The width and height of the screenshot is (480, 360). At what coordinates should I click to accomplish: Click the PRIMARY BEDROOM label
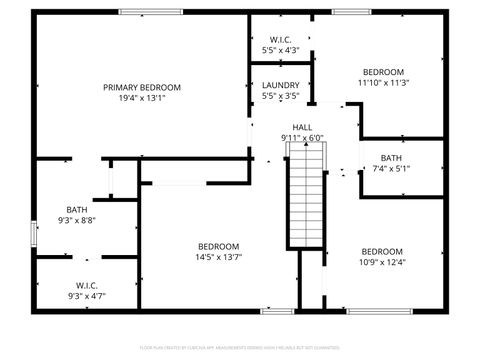[x=141, y=87]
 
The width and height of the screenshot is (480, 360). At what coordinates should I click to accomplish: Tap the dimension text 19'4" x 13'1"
[x=141, y=98]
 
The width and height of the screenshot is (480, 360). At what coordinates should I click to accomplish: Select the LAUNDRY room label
[x=281, y=85]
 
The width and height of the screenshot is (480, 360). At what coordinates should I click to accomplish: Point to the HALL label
[x=302, y=126]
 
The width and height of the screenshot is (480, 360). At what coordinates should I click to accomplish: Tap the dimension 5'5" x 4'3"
[x=281, y=49]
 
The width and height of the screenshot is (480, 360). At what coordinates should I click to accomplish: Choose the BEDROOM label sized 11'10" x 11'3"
[x=383, y=72]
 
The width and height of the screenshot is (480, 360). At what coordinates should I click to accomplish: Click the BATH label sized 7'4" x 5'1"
[x=391, y=157]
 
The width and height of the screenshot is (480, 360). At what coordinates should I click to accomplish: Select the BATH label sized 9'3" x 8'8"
[x=77, y=209]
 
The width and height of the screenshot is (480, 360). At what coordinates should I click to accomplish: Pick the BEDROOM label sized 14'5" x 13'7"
[x=218, y=246]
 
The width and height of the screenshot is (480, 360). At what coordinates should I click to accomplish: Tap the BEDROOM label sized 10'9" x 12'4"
[x=382, y=251]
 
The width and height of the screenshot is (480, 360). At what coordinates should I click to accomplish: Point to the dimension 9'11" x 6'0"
[x=302, y=138]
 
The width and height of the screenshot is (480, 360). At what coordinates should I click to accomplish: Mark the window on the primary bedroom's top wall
[x=151, y=12]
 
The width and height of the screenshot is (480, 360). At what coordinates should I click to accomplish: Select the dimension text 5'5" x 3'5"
[x=281, y=96]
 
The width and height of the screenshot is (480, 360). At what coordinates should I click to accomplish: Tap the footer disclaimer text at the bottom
[x=240, y=349]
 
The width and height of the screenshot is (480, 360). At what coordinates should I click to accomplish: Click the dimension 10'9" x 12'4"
[x=382, y=262]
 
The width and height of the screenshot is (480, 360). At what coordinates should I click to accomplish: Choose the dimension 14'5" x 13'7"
[x=218, y=257]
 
